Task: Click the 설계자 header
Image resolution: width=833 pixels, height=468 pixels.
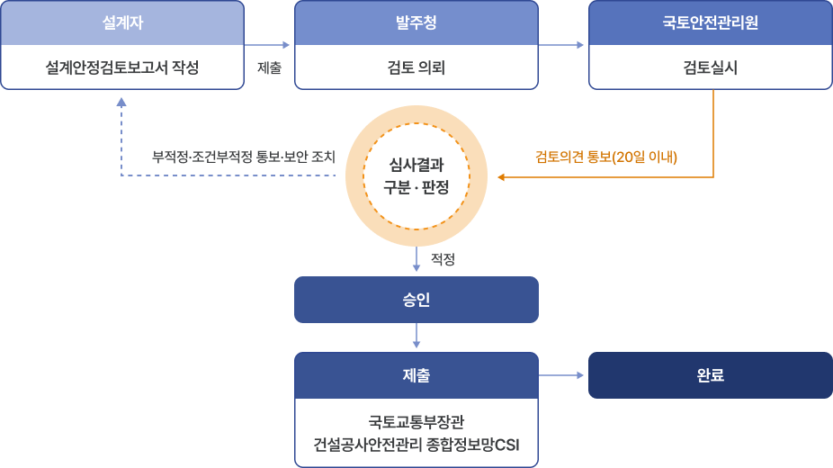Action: tap(122, 22)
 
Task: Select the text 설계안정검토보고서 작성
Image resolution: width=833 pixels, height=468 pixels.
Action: tap(122, 67)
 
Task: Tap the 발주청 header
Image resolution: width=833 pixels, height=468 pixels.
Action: tap(416, 22)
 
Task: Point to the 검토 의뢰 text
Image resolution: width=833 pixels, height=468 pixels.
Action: tap(416, 67)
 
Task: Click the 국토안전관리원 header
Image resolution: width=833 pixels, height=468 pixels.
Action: tap(710, 22)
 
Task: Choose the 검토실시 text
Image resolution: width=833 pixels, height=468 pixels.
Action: tap(710, 67)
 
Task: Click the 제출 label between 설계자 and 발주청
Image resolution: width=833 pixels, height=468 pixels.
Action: tap(269, 67)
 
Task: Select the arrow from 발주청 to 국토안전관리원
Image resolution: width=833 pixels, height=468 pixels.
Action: tap(563, 44)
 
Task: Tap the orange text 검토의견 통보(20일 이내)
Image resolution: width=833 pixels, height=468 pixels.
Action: tap(606, 157)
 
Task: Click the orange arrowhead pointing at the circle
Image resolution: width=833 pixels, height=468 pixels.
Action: tap(502, 177)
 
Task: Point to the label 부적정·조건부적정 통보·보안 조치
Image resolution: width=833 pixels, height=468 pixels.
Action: tap(244, 157)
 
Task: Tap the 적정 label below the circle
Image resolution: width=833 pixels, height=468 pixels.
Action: tap(443, 259)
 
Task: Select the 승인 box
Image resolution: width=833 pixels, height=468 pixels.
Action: tap(416, 300)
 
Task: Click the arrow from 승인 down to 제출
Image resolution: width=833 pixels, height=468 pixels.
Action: tap(416, 336)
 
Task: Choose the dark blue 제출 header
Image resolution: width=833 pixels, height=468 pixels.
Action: tap(416, 374)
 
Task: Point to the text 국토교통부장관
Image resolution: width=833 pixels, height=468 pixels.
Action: tap(416, 421)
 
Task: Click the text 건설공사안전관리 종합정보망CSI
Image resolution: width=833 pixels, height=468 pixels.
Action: tap(416, 445)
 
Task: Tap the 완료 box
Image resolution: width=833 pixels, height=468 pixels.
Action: tap(710, 375)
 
